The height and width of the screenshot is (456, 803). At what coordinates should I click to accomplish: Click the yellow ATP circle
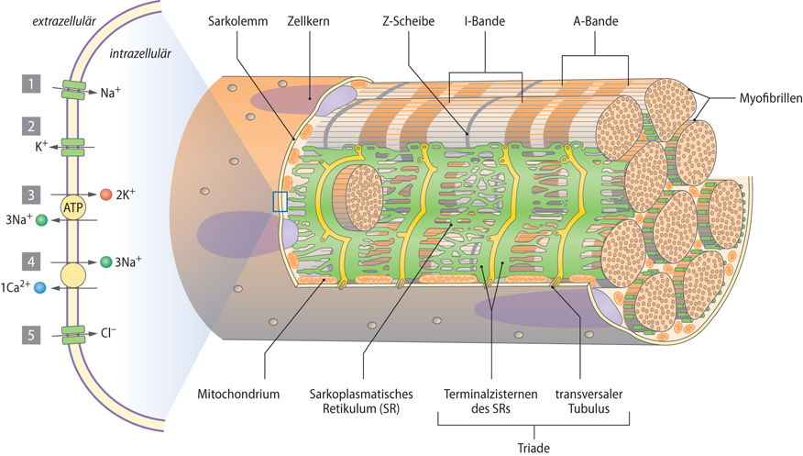(x=72, y=207)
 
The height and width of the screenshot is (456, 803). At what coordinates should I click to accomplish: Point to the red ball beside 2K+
(x=105, y=195)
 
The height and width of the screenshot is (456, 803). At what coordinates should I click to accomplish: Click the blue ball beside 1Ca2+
(x=39, y=288)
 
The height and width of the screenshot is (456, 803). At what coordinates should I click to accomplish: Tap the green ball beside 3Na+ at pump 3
(x=40, y=220)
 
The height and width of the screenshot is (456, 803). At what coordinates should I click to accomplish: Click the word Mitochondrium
(x=238, y=394)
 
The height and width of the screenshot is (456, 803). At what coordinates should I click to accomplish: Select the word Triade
(x=533, y=447)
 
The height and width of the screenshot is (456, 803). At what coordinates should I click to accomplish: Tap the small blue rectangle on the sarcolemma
(x=280, y=202)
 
